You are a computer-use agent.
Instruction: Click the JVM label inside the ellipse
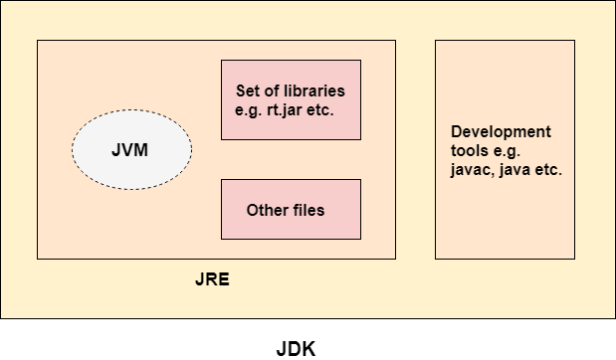129,150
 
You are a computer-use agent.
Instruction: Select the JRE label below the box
212,279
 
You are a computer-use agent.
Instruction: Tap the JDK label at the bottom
296,349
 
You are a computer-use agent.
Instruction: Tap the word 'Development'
501,132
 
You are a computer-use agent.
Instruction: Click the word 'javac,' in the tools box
473,170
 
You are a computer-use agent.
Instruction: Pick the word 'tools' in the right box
470,151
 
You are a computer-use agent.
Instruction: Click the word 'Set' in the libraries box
248,90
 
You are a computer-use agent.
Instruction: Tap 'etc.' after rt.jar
320,110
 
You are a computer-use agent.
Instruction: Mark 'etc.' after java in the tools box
548,170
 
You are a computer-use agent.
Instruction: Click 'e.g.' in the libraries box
248,111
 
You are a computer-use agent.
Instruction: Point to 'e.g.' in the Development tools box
507,151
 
